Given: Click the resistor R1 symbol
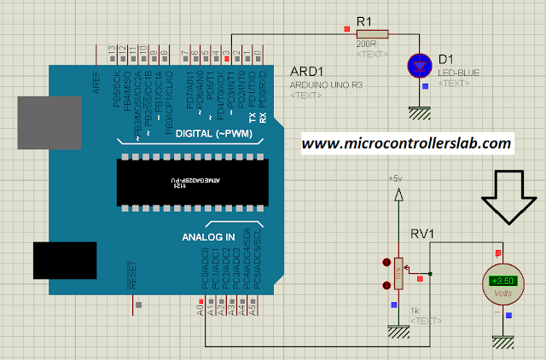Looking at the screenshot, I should pos(373,33).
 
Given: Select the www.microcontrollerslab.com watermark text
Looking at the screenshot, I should pos(407,143).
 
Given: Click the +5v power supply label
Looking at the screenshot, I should pos(394,179).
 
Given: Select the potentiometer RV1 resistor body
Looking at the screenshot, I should pos(397,276).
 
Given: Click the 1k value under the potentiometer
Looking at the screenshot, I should pos(415,309).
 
